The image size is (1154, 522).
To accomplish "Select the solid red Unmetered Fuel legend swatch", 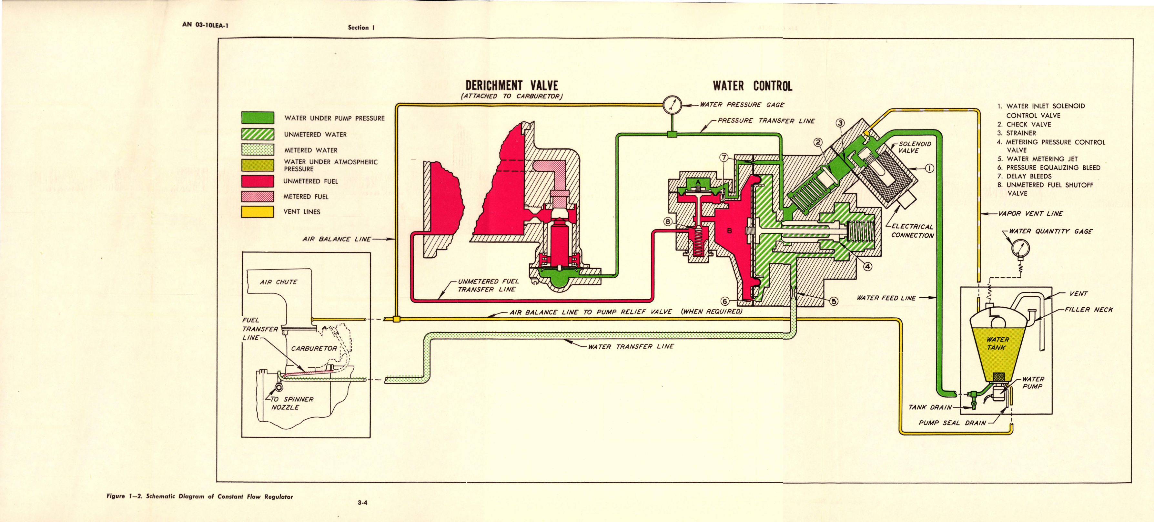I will point(258,181).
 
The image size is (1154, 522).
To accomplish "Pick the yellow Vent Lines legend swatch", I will point(258,211).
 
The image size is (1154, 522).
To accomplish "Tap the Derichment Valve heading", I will point(511,86).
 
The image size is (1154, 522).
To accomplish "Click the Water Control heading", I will point(752,86).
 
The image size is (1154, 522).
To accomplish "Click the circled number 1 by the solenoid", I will point(930,169).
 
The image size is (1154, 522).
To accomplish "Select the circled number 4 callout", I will point(868,267).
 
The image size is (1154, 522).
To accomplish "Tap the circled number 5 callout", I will point(834,301).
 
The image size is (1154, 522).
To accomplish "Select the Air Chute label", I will point(278,282).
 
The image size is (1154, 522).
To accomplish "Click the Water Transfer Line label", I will point(631,346).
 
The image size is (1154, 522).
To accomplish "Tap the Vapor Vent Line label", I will point(1030,214).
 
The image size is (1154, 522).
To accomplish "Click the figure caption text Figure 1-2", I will point(200,496).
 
